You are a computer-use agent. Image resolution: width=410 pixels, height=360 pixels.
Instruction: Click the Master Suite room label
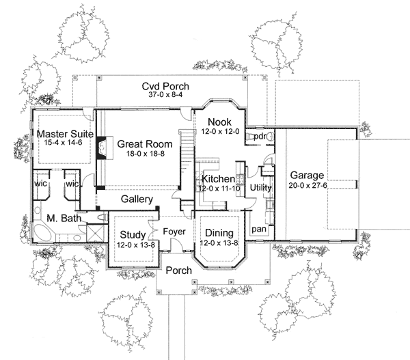coord(65,134)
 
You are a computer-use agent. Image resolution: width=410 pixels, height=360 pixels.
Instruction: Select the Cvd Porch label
coord(165,86)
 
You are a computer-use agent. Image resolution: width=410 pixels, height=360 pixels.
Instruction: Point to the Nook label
coord(217,121)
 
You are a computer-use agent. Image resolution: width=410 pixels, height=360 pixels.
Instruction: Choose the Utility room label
coord(261,186)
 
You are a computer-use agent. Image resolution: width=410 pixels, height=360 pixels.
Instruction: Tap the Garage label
coord(305,174)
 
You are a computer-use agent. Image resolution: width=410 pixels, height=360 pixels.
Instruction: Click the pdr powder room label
coord(259,137)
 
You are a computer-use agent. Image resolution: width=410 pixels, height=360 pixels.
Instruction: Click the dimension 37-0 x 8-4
coord(165,96)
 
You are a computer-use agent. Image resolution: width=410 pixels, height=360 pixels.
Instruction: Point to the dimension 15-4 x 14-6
coord(65,143)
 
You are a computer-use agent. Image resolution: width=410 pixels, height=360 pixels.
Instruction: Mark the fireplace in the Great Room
coord(100,146)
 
